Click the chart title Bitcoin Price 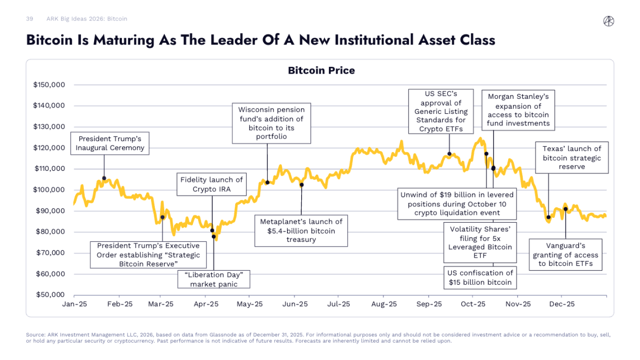point(321,71)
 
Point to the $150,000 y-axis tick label point(49,85)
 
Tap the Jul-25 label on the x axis point(339,304)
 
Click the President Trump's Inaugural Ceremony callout point(110,143)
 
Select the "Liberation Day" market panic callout point(214,279)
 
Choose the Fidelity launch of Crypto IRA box point(212,184)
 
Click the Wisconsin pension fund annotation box point(271,123)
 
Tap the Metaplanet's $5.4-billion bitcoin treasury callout point(301,230)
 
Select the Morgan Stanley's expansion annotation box point(518,110)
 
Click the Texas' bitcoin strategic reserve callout point(572,158)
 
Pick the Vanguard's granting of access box point(566,255)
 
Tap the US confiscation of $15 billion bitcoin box point(481,277)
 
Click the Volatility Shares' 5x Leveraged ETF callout point(481,242)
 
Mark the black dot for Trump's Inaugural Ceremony point(104,178)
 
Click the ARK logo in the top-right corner point(609,21)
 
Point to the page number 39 point(30,19)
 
